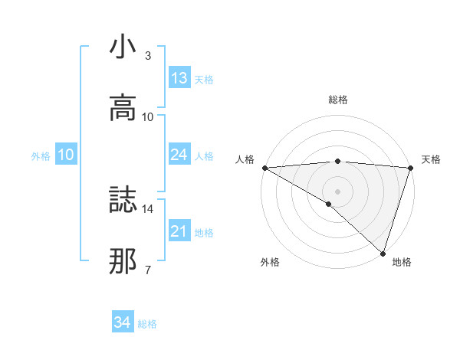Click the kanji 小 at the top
click(x=123, y=47)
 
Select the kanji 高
click(x=123, y=108)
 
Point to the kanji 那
click(x=123, y=260)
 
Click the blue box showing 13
click(x=179, y=77)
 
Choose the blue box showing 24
click(x=179, y=155)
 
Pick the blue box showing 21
click(x=179, y=231)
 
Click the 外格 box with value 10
click(x=66, y=155)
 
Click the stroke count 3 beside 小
click(x=148, y=56)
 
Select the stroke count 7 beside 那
click(x=148, y=269)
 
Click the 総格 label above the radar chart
click(x=338, y=100)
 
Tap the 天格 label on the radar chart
click(x=432, y=159)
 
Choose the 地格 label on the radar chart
click(x=402, y=262)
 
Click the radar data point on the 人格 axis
click(x=264, y=168)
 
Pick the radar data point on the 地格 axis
click(x=383, y=253)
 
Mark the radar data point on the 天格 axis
click(x=411, y=168)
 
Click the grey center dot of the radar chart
click(x=338, y=191)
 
